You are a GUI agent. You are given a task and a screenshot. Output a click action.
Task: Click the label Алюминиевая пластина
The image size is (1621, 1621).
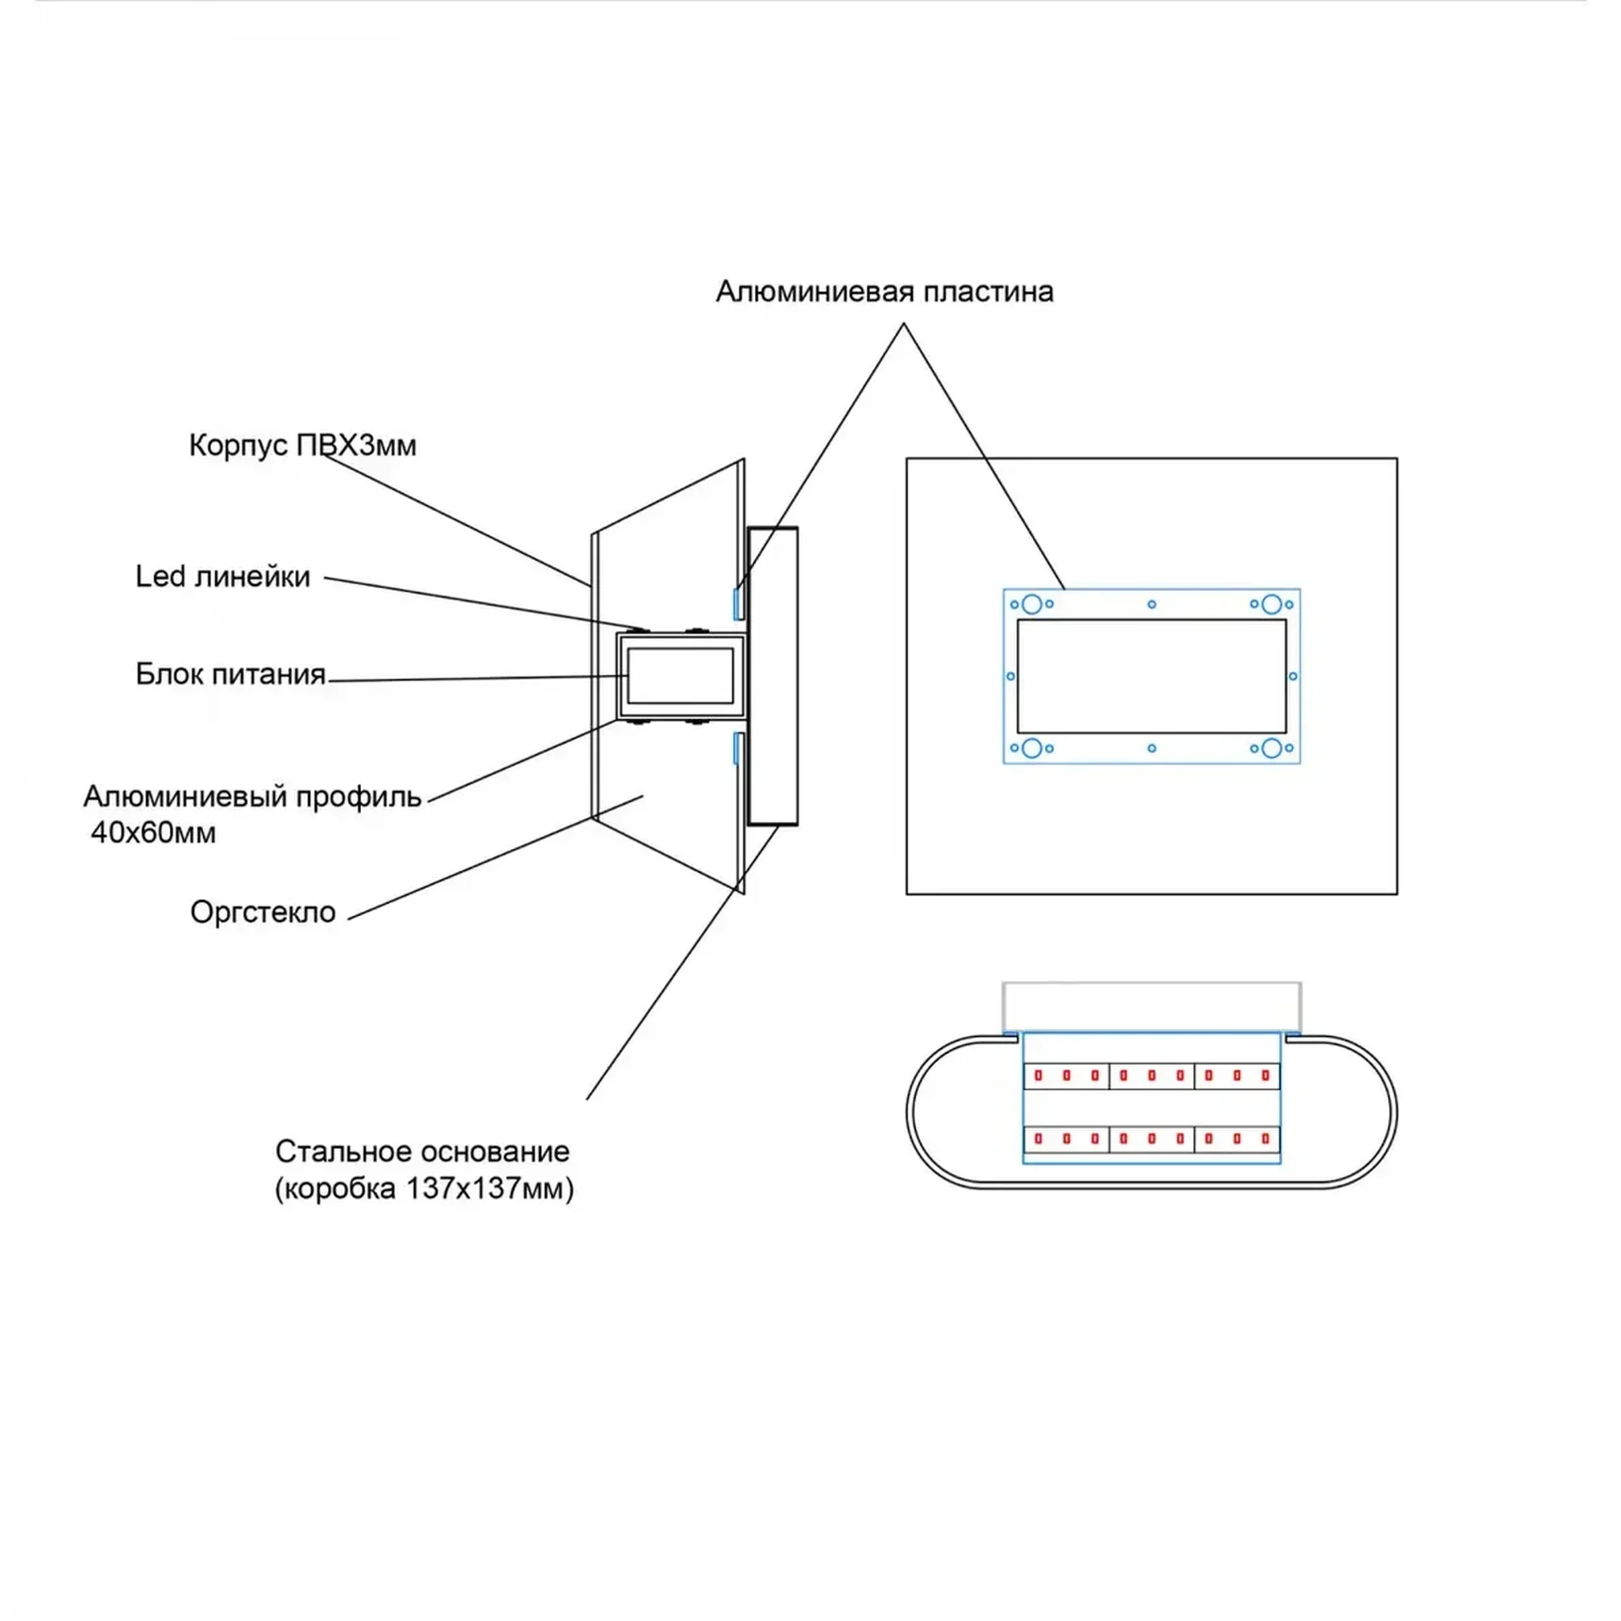[884, 292]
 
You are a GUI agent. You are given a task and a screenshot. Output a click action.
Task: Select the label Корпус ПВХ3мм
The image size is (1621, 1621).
[302, 445]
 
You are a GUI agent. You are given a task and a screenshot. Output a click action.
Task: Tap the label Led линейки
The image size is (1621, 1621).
[222, 576]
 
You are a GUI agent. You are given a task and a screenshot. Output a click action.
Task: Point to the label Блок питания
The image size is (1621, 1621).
[230, 674]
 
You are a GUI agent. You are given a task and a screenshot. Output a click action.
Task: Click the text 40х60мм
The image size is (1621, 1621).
[153, 833]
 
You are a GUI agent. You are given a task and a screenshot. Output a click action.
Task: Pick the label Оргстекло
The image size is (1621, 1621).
[262, 912]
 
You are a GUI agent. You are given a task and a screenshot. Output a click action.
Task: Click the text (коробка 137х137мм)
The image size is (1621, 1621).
[424, 1188]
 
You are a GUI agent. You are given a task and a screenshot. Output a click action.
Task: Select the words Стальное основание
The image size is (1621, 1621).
[422, 1151]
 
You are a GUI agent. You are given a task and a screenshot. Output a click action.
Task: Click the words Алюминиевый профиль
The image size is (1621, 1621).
[252, 796]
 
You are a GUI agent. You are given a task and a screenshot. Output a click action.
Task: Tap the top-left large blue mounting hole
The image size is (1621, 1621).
[1031, 604]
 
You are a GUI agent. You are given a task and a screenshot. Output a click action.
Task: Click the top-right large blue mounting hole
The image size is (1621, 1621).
[1271, 604]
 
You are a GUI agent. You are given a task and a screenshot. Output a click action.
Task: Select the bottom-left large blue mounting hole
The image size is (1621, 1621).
[1031, 748]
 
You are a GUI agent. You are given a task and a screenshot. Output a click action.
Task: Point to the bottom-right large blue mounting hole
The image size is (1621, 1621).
[1271, 748]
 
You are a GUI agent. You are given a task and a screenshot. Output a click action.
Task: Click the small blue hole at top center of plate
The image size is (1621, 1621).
[1152, 604]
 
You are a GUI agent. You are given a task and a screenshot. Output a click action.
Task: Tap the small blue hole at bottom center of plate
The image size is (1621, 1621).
[1152, 748]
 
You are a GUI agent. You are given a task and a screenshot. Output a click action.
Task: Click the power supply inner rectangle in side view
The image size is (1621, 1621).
[680, 675]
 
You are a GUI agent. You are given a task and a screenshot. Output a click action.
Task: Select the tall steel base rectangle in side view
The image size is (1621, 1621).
[773, 676]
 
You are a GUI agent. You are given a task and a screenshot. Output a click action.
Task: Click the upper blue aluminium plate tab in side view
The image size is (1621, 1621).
[738, 603]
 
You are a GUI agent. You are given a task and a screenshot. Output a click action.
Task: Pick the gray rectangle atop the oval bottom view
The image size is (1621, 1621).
[1152, 1007]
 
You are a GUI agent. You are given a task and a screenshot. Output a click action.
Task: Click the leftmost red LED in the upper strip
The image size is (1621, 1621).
[1039, 1075]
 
